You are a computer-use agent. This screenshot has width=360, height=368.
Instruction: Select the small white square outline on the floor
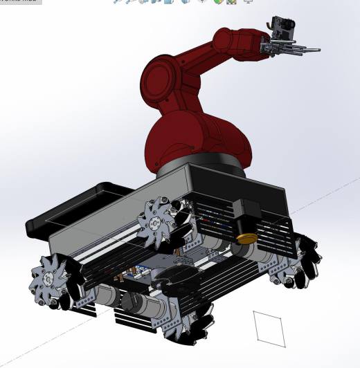(x=269, y=328)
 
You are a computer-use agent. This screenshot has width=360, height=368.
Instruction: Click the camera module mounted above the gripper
(x=284, y=26)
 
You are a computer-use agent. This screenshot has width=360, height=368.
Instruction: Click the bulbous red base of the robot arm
(x=197, y=142)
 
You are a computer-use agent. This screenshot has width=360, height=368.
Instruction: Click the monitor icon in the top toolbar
(x=249, y=2)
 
